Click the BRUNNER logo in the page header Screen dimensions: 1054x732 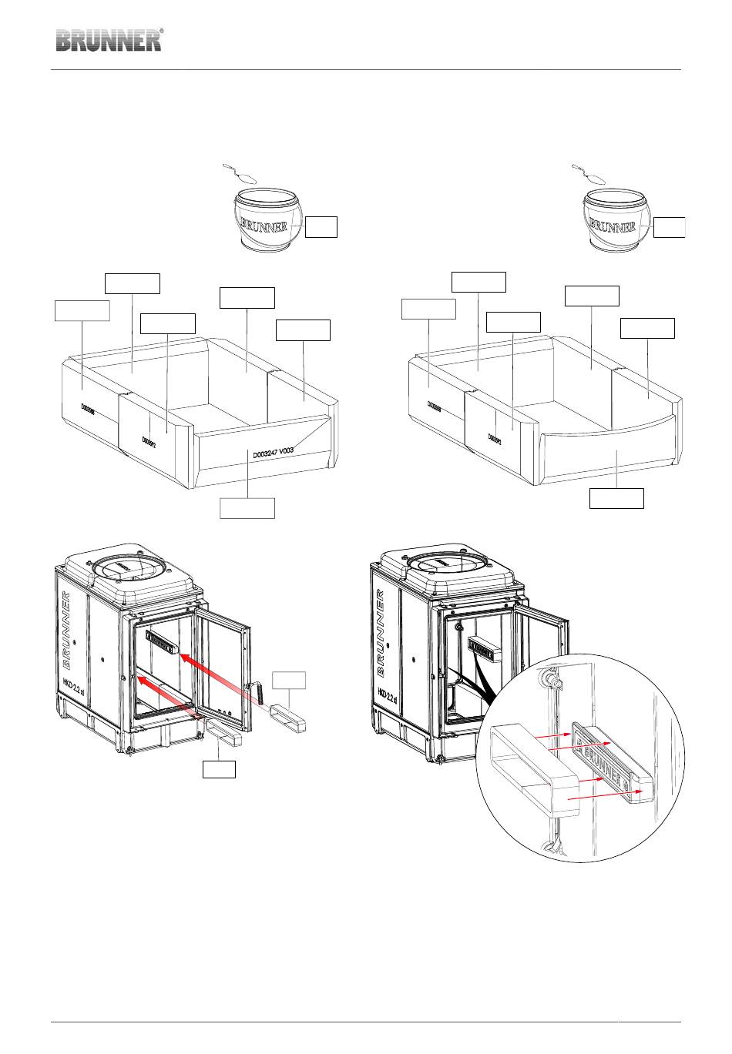click(109, 40)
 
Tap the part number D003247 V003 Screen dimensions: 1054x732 click(274, 453)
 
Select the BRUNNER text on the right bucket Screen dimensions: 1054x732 click(613, 226)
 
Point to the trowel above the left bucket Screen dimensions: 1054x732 click(241, 175)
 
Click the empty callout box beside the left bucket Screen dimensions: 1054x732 click(321, 226)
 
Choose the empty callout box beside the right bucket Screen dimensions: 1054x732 click(669, 226)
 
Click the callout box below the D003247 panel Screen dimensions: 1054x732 click(247, 508)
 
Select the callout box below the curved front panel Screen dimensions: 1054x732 click(616, 498)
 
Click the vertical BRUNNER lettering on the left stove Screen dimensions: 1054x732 click(67, 628)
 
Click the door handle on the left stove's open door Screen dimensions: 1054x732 click(260, 692)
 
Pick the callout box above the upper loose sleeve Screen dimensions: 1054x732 click(290, 680)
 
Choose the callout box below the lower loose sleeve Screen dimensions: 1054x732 click(219, 768)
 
